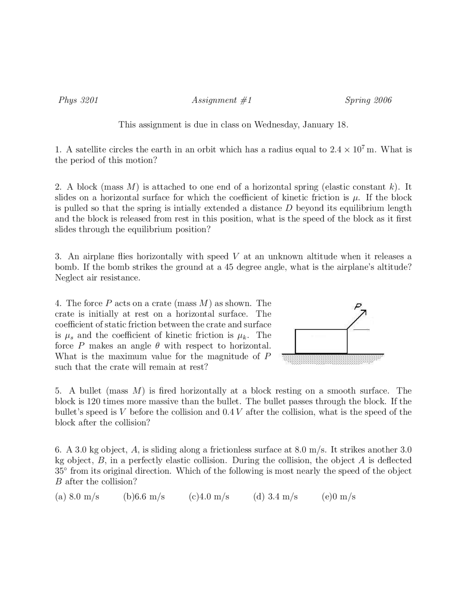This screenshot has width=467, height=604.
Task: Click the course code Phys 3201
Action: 78,100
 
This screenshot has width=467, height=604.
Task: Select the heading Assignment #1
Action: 222,100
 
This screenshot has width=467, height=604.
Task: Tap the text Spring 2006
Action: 368,100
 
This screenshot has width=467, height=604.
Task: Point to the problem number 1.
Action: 58,150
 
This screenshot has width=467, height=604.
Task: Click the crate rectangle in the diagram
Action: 321,341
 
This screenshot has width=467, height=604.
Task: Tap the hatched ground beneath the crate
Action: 332,359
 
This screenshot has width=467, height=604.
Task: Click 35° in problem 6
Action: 61,471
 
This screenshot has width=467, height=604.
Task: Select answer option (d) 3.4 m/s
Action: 275,497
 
